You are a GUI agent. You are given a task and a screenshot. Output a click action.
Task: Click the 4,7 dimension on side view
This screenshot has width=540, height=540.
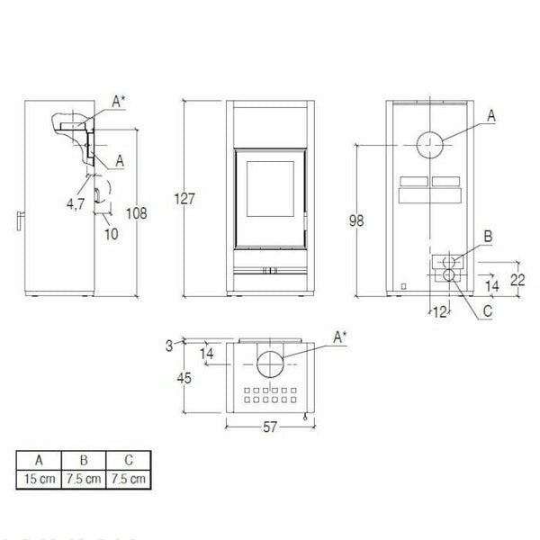pyautogui.click(x=76, y=203)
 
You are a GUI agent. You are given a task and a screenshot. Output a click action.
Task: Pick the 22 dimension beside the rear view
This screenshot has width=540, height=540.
pyautogui.click(x=517, y=279)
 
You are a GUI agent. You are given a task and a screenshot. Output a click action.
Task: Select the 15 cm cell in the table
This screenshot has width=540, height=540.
pyautogui.click(x=38, y=479)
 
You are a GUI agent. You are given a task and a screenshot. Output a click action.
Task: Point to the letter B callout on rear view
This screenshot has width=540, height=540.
pyautogui.click(x=488, y=236)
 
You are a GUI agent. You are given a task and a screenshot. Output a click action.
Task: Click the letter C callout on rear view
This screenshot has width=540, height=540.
pyautogui.click(x=488, y=311)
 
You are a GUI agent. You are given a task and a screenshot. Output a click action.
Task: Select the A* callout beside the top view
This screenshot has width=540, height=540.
pyautogui.click(x=341, y=337)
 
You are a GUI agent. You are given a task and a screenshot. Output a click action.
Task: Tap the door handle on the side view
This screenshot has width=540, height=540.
pyautogui.click(x=20, y=220)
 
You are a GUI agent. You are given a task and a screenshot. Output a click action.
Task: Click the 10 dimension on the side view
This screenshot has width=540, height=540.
pyautogui.click(x=111, y=234)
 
